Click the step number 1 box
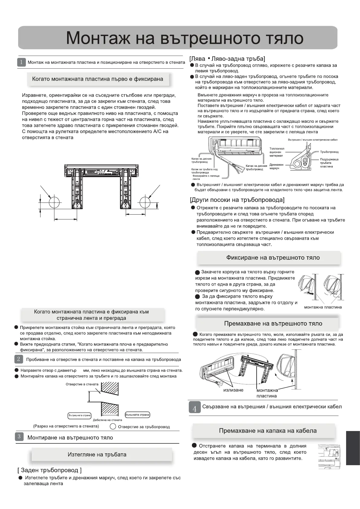pyautogui.click(x=21, y=62)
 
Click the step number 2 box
pyautogui.click(x=19, y=359)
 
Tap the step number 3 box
pyautogui.click(x=19, y=436)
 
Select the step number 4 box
pyautogui.click(x=195, y=407)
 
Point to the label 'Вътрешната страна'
pyautogui.click(x=79, y=415)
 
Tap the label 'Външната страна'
pyautogui.click(x=137, y=414)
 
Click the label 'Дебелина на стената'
pyautogui.click(x=107, y=420)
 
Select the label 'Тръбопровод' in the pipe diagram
pyautogui.click(x=329, y=152)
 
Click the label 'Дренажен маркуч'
pyautogui.click(x=276, y=166)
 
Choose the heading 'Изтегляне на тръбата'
pyautogui.click(x=97, y=454)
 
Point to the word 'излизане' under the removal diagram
pyautogui.click(x=233, y=390)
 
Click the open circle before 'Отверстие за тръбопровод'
pyautogui.click(x=113, y=426)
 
